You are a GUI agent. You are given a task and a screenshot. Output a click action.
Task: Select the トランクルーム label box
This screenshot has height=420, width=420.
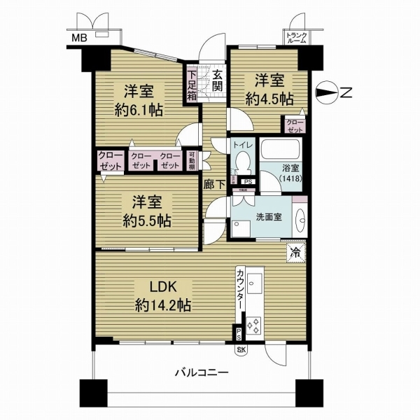click(x=296, y=38)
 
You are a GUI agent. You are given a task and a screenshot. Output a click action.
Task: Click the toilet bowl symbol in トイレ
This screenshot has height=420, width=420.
click(x=241, y=164)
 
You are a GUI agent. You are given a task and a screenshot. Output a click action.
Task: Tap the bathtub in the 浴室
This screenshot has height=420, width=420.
click(x=280, y=150)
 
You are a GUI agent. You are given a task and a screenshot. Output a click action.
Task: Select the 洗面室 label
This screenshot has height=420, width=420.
click(x=268, y=216)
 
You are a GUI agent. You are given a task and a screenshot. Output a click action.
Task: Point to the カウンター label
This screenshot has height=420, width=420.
click(x=240, y=290)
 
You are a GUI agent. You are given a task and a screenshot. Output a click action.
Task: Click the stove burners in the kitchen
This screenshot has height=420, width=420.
click(x=253, y=326)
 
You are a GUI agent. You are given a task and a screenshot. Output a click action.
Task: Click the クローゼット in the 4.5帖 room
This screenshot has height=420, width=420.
click(x=294, y=125)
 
